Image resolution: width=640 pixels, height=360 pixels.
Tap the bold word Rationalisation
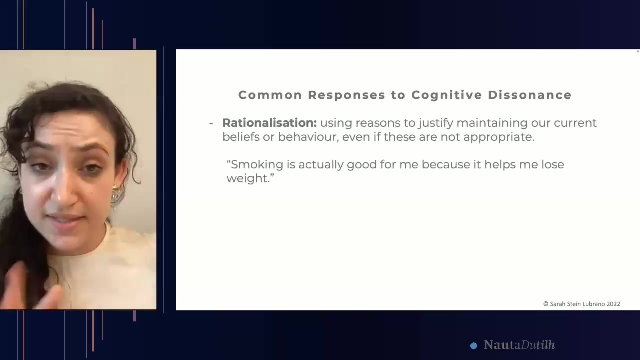(x=269, y=123)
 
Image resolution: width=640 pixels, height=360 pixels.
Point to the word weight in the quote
(x=248, y=178)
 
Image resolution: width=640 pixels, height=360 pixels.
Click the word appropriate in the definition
(x=498, y=137)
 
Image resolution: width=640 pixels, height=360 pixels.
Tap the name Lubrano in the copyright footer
(x=591, y=304)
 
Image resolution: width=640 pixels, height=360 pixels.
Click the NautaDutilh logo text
(x=519, y=345)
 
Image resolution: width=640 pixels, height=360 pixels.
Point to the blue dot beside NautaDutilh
(x=474, y=345)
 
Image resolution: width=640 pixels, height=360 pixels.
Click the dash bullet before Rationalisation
(x=211, y=123)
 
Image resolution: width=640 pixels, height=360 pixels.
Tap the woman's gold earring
(x=116, y=192)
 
